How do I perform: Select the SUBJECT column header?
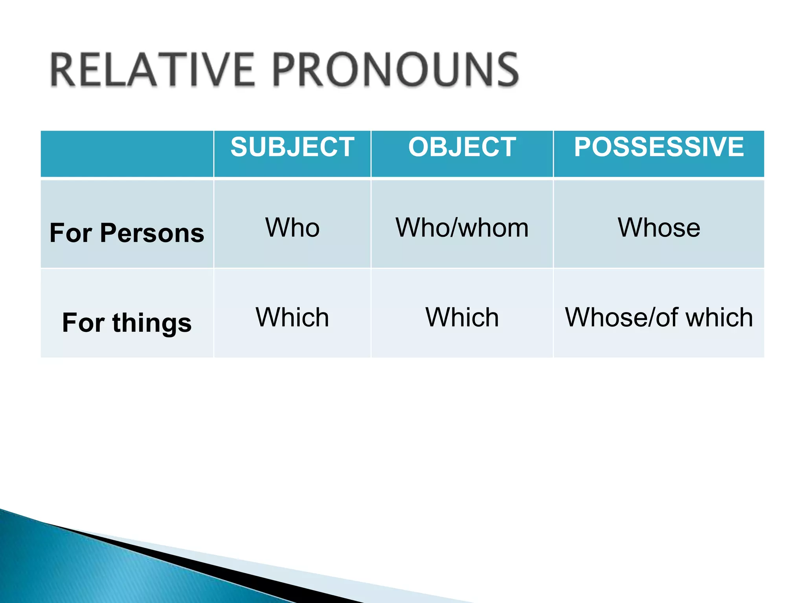(292, 147)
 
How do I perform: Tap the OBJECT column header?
(462, 147)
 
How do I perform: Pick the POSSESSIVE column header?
(659, 147)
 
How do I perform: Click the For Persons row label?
(127, 233)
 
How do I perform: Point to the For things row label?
(127, 323)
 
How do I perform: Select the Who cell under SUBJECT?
(292, 228)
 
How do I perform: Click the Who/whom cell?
(462, 228)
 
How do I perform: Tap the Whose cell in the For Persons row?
(659, 228)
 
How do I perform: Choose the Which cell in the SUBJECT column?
(292, 317)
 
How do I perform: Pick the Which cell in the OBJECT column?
(462, 317)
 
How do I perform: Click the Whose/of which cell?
(659, 317)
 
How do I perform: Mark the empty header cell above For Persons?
(127, 153)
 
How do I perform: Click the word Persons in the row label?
(152, 233)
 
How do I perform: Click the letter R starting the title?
(63, 70)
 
